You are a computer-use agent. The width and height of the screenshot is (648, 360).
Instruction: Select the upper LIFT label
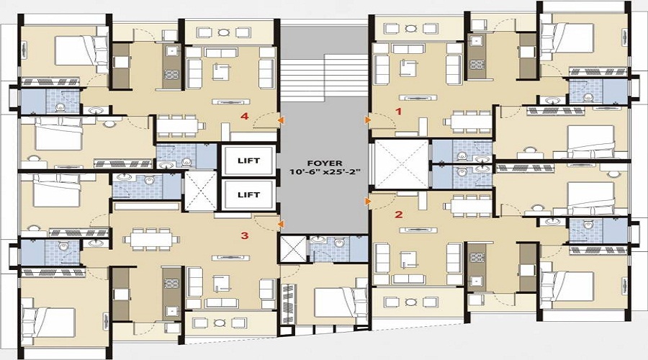point(248,161)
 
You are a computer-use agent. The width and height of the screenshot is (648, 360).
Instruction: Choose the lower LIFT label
point(248,194)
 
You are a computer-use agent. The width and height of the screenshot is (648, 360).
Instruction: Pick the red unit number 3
point(245,235)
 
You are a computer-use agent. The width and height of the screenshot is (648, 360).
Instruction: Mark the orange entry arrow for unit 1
point(368,120)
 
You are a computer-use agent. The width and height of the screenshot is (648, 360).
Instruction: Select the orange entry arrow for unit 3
point(279,223)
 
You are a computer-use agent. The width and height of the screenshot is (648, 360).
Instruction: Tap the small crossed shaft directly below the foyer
point(292,248)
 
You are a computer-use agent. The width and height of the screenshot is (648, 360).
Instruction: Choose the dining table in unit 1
point(469,120)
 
